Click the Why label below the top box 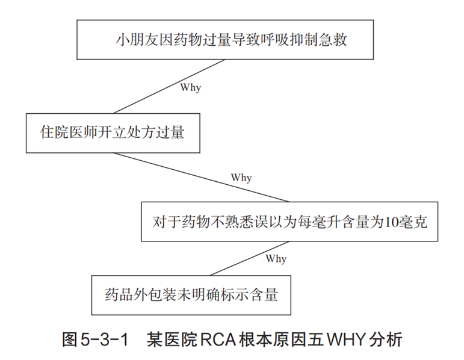[191, 87]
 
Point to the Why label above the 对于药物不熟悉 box [241, 178]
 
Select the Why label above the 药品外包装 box [276, 258]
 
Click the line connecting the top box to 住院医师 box [169, 87]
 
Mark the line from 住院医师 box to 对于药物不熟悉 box [201, 178]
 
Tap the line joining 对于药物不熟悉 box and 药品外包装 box [249, 258]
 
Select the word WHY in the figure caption [346, 340]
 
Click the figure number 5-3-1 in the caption [104, 340]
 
